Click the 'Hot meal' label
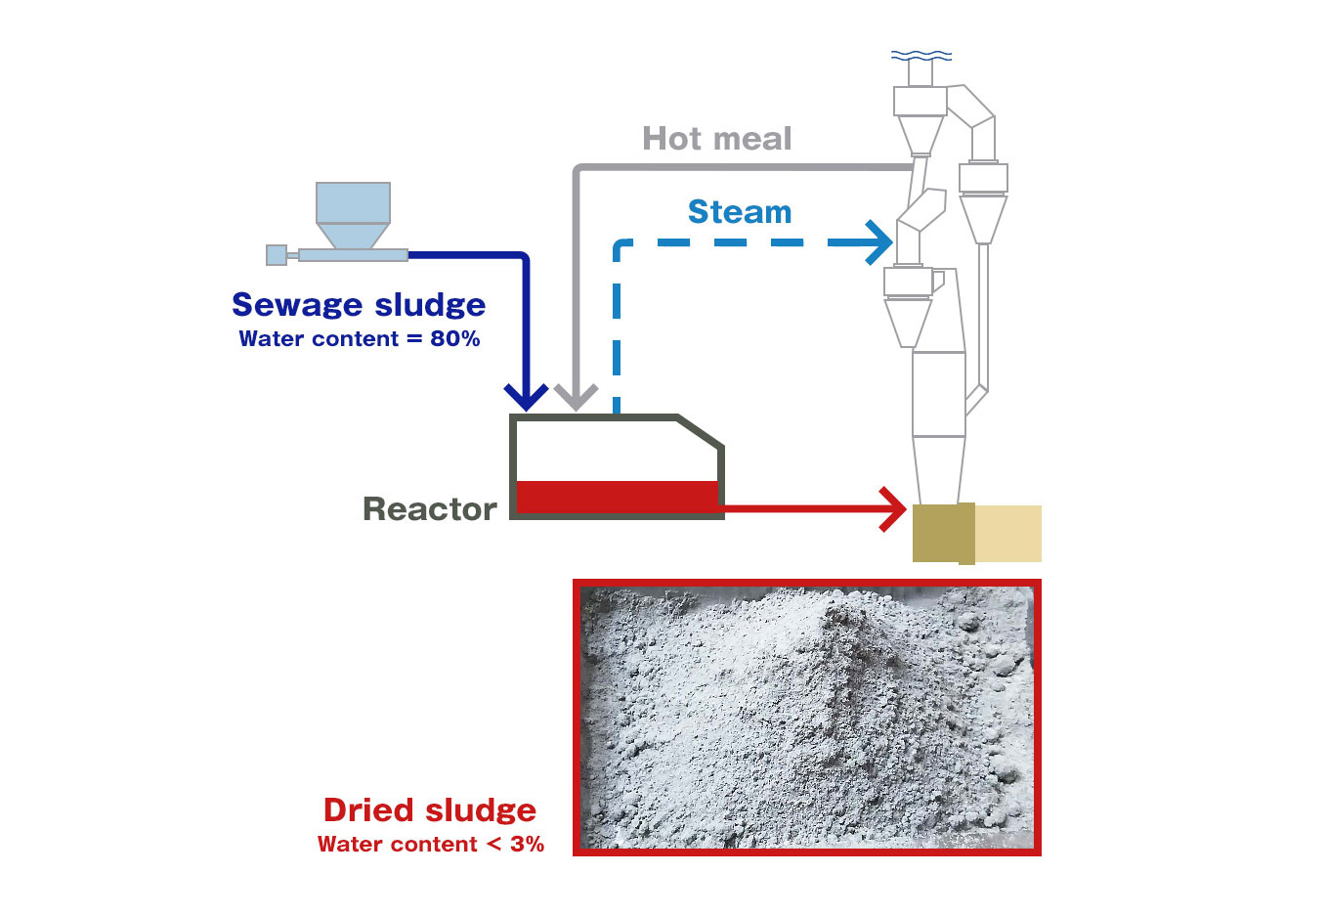(716, 139)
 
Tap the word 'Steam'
(740, 212)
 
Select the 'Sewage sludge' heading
(359, 305)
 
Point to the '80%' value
(455, 339)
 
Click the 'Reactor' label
(430, 509)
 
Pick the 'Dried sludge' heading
(430, 810)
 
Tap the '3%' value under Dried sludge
(527, 845)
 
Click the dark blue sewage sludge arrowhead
(526, 396)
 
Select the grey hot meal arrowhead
(576, 396)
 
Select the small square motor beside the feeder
(277, 255)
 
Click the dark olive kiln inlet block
(943, 533)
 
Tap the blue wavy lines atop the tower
(920, 56)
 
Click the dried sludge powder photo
(806, 718)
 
